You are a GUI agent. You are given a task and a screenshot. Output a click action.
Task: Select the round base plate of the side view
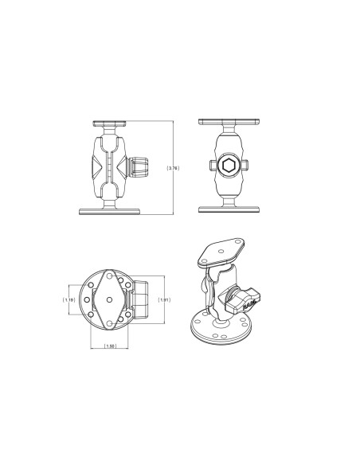click(110, 211)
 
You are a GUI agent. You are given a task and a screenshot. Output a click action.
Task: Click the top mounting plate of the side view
click(110, 123)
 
